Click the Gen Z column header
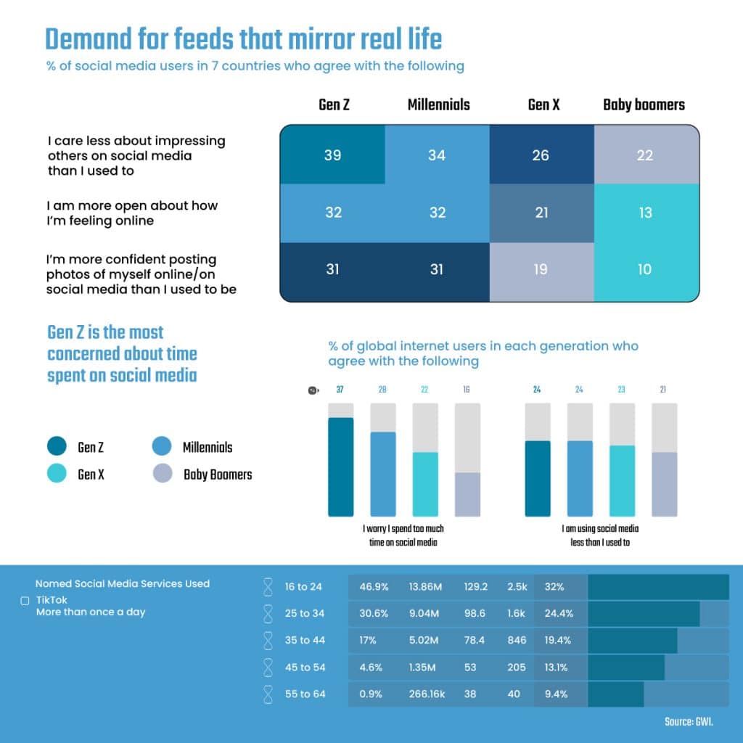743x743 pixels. coord(334,104)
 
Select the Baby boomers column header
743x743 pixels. coord(644,104)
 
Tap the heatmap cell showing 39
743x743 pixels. coord(332,155)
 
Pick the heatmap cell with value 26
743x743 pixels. coord(541,155)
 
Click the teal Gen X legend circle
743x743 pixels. coord(57,473)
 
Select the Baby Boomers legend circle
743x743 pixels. coord(163,473)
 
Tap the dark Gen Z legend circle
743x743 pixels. coord(57,446)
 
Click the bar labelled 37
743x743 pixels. coord(341,467)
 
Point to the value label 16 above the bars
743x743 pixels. coord(467,390)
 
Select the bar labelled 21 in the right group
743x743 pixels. coord(665,484)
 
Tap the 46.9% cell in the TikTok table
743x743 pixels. coord(374,586)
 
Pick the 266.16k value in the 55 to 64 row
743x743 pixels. coord(427,694)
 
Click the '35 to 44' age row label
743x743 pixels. coord(305,640)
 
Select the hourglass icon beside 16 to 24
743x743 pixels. coord(268,586)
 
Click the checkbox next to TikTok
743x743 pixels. coord(25,601)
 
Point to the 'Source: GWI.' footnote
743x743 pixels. coord(689,722)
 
